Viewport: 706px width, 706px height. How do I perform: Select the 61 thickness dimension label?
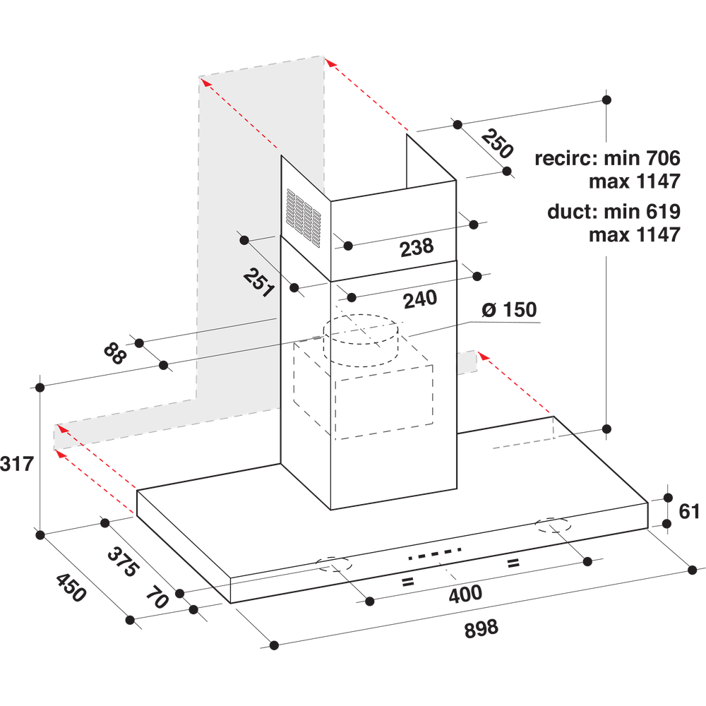688,510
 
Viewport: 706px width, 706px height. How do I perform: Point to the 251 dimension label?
258,281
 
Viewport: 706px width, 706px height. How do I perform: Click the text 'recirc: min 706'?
607,158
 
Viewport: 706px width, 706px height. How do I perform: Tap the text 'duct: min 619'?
613,211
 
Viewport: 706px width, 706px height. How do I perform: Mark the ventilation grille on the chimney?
304,215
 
